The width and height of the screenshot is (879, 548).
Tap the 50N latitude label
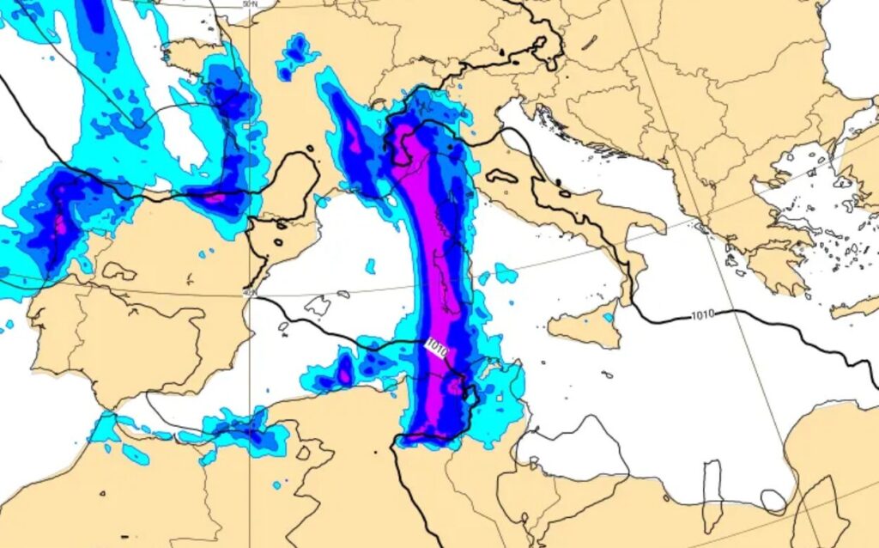point(250,4)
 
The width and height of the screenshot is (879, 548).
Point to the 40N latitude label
point(250,293)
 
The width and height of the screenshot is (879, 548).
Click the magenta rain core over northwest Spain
point(60,225)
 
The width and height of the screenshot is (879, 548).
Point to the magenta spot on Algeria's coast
point(345,374)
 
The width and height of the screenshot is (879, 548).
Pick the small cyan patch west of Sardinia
point(370,266)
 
